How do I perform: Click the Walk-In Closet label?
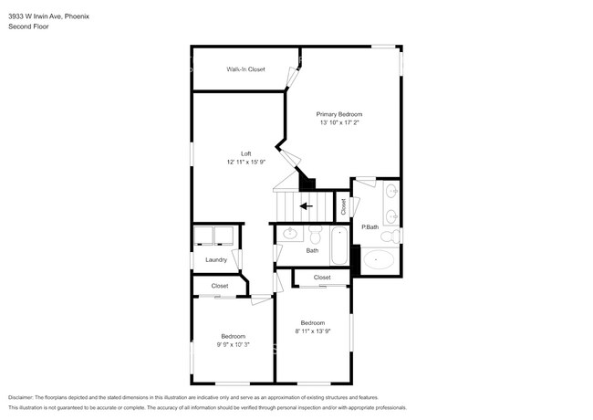[245, 69]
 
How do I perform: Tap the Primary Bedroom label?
[339, 114]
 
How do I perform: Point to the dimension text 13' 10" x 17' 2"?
[339, 122]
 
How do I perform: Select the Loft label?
[245, 153]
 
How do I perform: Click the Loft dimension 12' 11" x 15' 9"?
[246, 162]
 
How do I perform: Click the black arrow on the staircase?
[307, 206]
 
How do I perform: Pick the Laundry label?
[216, 260]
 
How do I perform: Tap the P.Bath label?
[369, 227]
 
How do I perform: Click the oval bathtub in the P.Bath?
[379, 259]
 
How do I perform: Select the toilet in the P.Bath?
[390, 236]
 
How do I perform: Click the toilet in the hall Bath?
[315, 235]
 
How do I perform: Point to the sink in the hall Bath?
[290, 233]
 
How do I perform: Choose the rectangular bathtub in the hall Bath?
[339, 246]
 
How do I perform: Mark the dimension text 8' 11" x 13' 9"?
[313, 331]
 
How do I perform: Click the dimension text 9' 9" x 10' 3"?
[234, 345]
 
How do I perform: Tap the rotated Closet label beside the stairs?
[343, 207]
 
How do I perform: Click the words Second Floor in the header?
[28, 26]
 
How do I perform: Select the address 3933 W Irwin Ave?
[36, 16]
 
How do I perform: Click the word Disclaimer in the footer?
[21, 398]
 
